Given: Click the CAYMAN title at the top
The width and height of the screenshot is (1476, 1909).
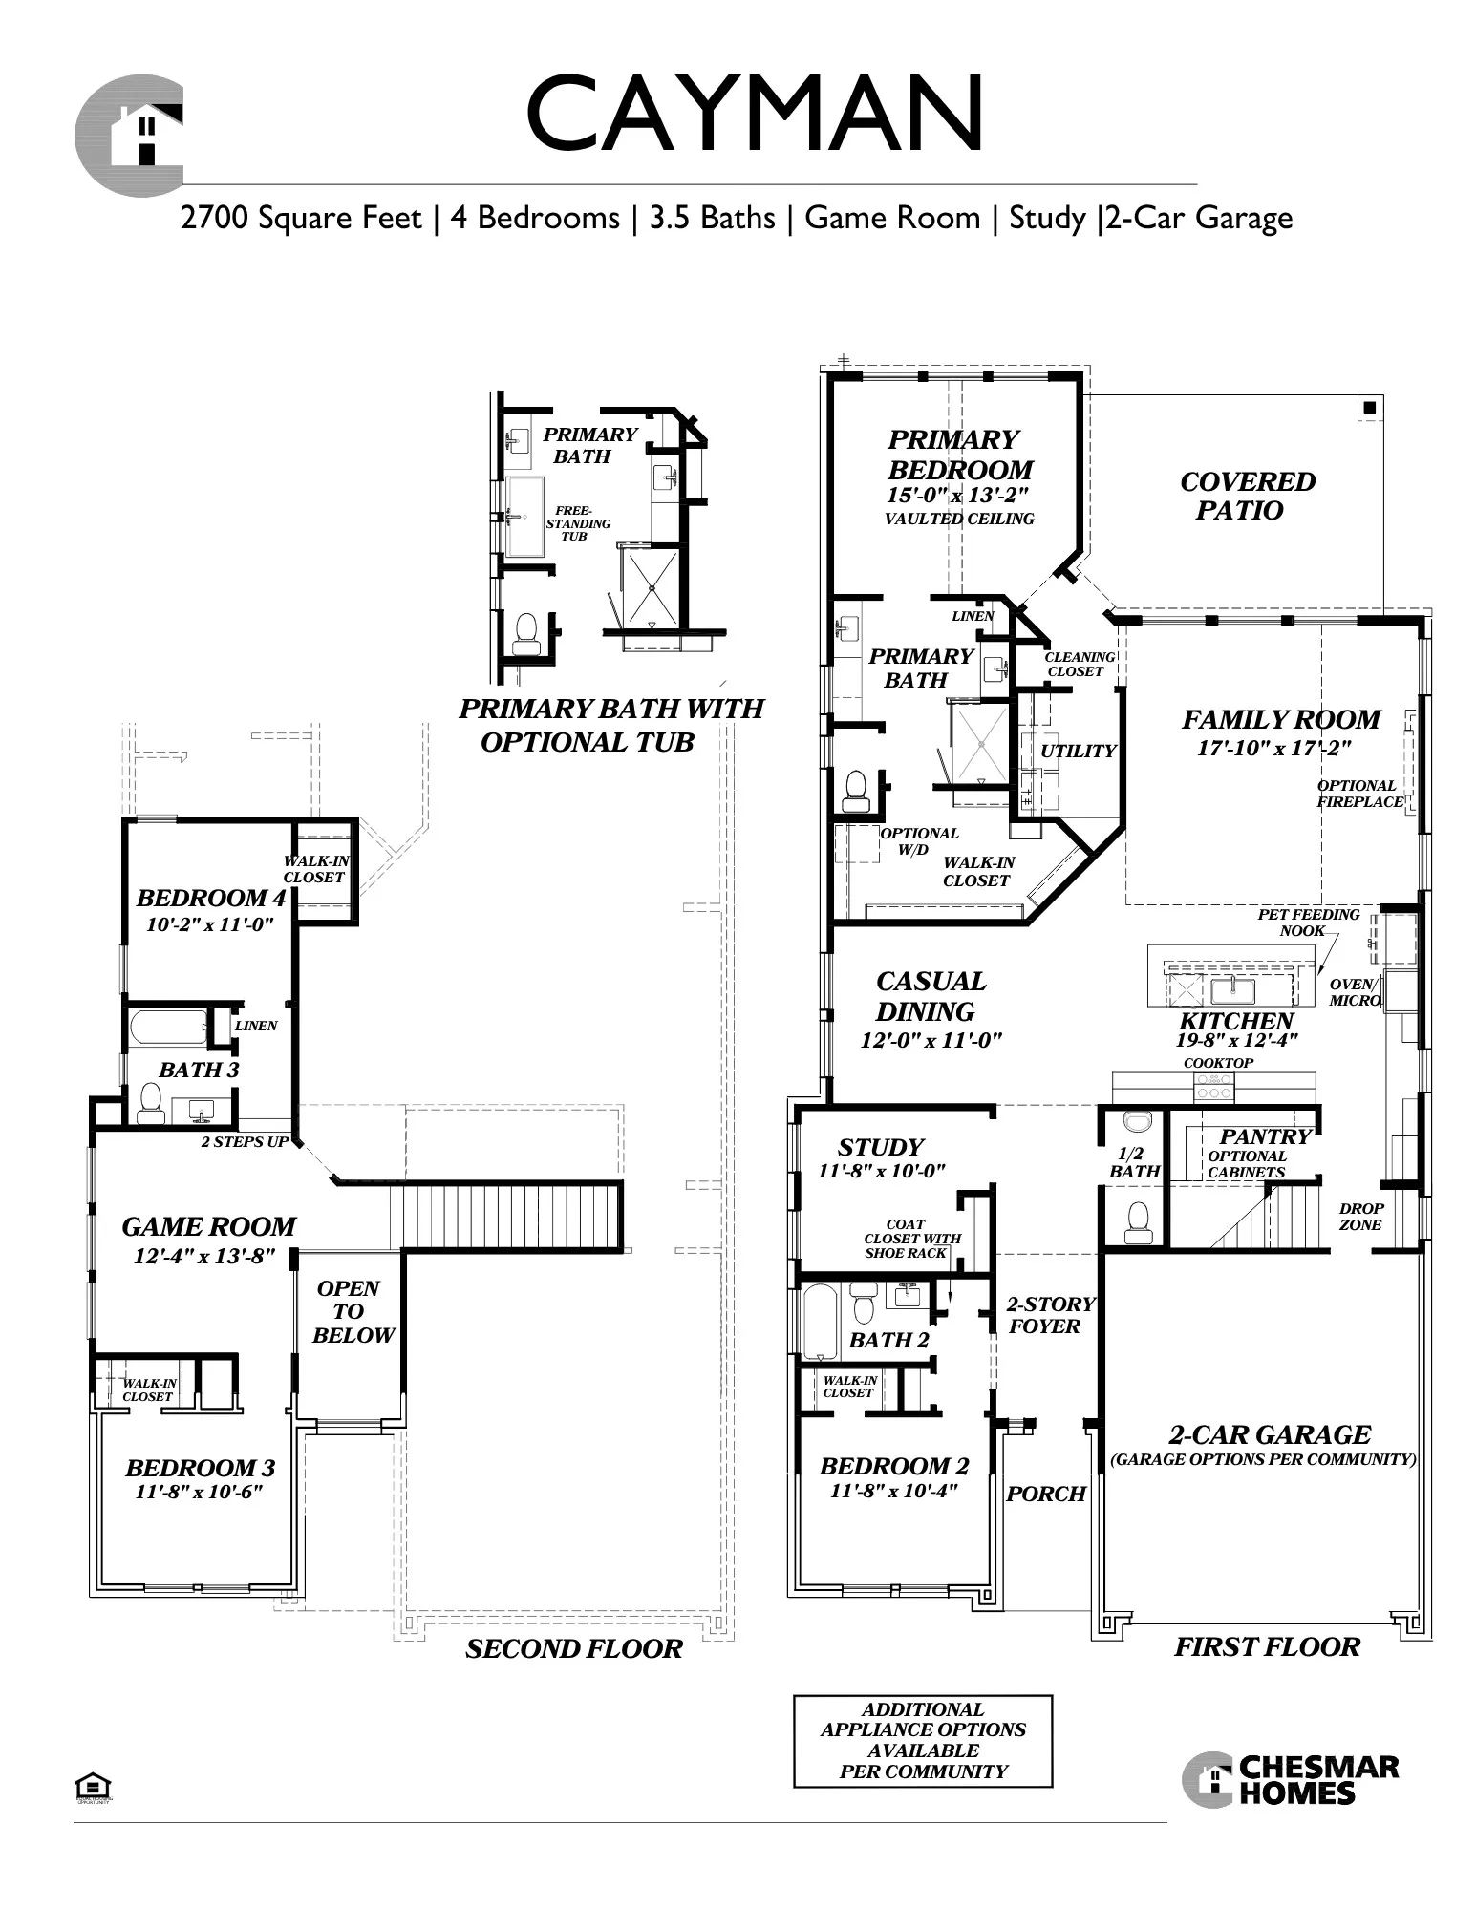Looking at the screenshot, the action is coord(755,115).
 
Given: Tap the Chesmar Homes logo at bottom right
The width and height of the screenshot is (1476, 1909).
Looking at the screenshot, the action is coord(1290,1780).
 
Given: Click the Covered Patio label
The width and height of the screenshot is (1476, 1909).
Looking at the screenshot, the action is coord(1247,496).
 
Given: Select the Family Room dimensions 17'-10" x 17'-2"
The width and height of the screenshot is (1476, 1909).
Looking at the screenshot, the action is coord(1274,748).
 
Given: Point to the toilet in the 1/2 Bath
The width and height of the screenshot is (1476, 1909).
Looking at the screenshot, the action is coord(1136,1221).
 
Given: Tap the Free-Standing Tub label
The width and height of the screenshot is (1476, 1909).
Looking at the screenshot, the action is coord(578,523).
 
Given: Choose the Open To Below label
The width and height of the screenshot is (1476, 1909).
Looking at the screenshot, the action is coord(352,1311).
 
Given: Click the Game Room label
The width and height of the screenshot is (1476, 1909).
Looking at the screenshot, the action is coord(208,1226).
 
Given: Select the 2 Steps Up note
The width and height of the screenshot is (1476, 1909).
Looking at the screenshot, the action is coord(245,1141).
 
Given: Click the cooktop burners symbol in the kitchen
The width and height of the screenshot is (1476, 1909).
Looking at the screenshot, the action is coord(1213,1086).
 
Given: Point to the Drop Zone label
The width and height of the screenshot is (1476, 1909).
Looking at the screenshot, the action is coord(1360,1217).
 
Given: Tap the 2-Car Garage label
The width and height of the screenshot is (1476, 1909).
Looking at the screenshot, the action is coord(1270,1434).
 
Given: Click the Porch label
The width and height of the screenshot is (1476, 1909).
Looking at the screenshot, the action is coord(1046,1494).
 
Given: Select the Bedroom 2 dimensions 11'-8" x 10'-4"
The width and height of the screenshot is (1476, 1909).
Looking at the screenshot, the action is coord(893,1491).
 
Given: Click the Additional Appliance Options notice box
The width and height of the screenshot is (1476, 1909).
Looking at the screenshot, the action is coord(923,1741).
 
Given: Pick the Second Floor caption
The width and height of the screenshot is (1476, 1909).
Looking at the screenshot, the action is coord(574,1649).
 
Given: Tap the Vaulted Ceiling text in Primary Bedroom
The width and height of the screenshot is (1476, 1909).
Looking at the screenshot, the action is coord(959,519).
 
